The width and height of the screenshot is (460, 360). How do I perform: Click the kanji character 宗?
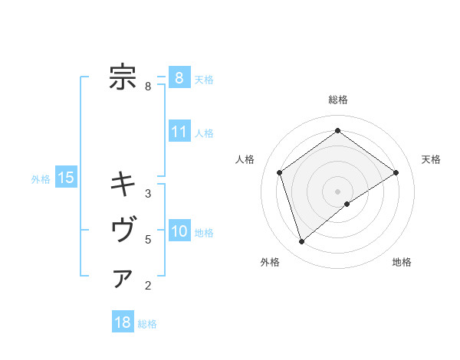(123, 77)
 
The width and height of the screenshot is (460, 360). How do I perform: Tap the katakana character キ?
(123, 184)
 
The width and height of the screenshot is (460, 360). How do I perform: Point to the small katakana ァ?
(123, 278)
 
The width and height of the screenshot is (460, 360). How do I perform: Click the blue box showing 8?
(179, 78)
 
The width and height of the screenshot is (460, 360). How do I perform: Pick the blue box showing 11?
(179, 132)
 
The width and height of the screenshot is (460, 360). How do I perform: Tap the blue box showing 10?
(179, 231)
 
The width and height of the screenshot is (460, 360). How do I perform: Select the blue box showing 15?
(66, 178)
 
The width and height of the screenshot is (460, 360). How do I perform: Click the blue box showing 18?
(123, 322)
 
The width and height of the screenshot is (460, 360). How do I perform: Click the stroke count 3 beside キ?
(148, 194)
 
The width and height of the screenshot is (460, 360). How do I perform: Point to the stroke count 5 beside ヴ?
(148, 240)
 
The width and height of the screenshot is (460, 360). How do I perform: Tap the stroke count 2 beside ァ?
(148, 286)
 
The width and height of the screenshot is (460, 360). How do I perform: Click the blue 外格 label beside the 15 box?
(41, 179)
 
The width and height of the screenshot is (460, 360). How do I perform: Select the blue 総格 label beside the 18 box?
(147, 324)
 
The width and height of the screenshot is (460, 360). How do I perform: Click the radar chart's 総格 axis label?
(337, 100)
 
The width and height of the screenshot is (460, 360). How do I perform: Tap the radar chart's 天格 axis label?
(432, 159)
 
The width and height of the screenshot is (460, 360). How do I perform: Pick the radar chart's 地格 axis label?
(402, 263)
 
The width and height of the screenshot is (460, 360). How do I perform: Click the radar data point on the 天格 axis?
(396, 172)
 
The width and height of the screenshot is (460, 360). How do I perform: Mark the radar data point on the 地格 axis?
(347, 204)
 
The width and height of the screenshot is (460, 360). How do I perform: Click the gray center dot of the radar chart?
(337, 191)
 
